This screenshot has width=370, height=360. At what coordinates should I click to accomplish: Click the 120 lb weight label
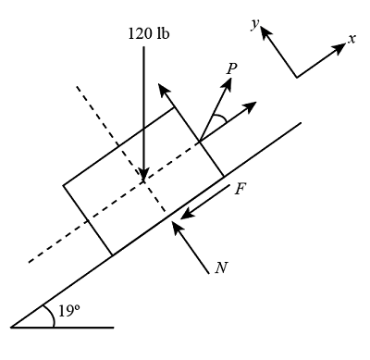(x=150, y=33)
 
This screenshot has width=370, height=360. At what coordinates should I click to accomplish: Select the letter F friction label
(x=240, y=188)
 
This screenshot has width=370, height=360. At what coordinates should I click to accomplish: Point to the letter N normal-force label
(x=220, y=268)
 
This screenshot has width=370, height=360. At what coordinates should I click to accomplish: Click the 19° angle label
(x=68, y=312)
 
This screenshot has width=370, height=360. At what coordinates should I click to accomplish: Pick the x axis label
(x=351, y=39)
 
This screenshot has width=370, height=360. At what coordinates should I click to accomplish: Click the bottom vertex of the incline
(x=11, y=327)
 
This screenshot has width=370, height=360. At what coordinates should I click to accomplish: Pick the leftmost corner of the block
(x=63, y=185)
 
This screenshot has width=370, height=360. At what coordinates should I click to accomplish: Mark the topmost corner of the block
(x=174, y=108)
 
